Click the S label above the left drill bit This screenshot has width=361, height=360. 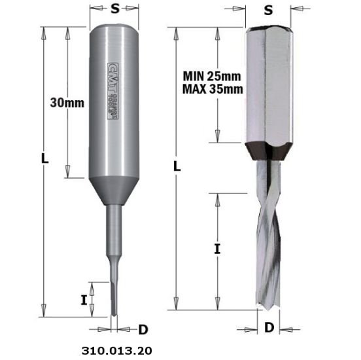point(114,9)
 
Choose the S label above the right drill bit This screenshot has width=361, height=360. point(267,10)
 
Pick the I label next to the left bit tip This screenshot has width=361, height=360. point(84,300)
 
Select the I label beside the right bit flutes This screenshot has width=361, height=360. point(218,249)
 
